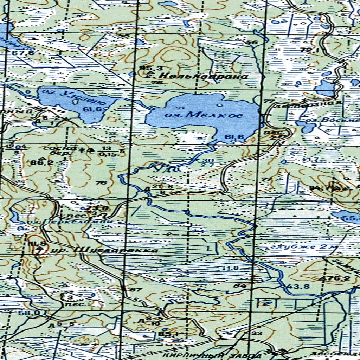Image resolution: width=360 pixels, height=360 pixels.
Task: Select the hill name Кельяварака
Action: (x=199, y=76)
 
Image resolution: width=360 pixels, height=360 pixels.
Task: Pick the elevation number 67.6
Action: (x=23, y=53)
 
